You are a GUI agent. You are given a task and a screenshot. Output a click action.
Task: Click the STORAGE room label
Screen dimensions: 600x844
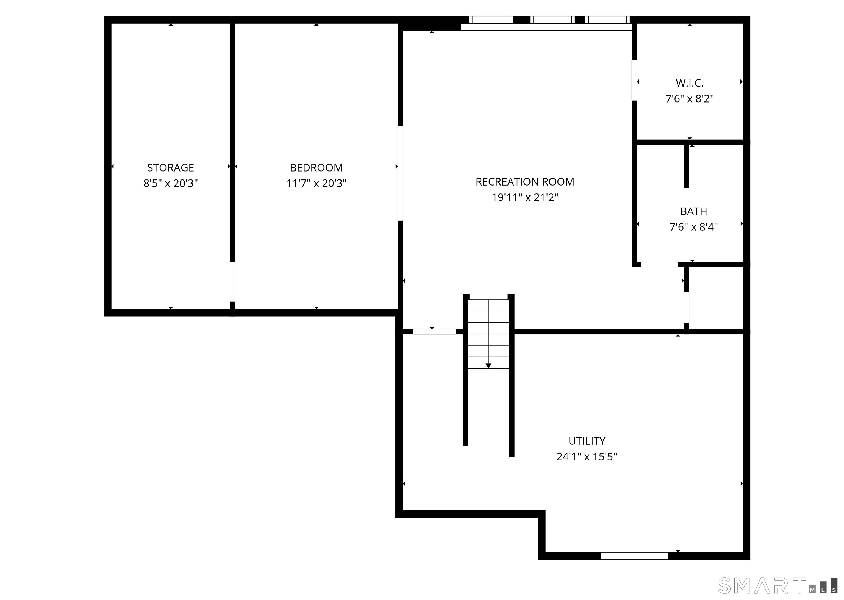tap(170, 168)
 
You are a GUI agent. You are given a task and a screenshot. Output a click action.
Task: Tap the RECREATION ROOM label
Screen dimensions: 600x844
tap(525, 182)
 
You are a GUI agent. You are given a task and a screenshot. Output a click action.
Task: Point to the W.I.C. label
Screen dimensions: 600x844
tap(689, 83)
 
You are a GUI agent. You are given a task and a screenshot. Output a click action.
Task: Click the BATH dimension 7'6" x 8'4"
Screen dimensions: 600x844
tap(693, 227)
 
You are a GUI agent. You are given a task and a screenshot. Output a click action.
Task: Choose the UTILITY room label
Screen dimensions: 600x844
tap(587, 441)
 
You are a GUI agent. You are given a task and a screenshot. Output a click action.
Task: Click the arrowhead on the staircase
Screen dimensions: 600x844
tap(488, 366)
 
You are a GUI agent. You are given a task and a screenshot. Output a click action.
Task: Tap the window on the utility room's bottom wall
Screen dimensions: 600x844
tap(634, 556)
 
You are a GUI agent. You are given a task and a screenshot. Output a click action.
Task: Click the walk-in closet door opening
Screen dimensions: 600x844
tap(634, 80)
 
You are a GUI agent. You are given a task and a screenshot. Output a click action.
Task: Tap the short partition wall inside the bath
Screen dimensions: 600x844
tap(686, 166)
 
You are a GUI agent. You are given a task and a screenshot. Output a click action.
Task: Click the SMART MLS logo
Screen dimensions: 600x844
tap(777, 586)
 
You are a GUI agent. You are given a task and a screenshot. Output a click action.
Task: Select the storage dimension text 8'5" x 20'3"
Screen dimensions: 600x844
tap(170, 183)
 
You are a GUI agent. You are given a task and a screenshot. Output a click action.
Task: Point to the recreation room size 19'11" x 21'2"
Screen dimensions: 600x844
tap(525, 198)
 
